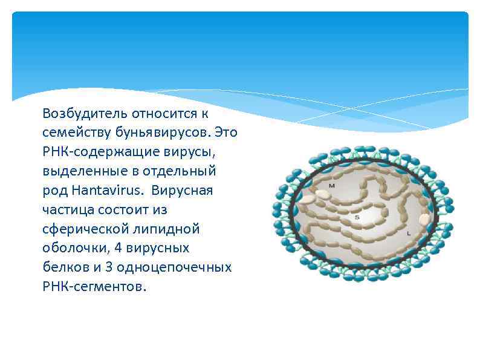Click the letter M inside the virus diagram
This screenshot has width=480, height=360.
[x=332, y=186]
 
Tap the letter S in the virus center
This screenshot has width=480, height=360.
[x=357, y=217]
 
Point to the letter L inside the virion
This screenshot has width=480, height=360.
[x=409, y=232]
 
